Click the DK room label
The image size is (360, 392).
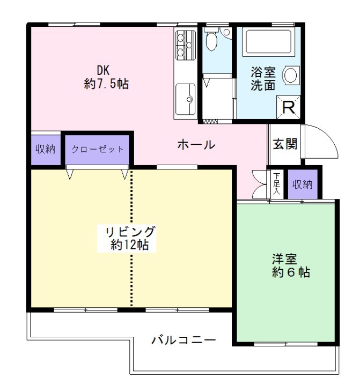pos(103,70)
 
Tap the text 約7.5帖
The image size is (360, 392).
pos(106,84)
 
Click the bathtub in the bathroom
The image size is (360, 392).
pos(269,41)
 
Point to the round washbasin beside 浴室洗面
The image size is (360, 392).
pos(291,75)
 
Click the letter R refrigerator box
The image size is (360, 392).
pos(288,107)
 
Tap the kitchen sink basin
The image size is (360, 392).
pos(186,99)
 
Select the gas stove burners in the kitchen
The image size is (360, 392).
pos(186,45)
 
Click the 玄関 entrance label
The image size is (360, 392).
pos(285,144)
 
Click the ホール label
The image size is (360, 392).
pos(196,145)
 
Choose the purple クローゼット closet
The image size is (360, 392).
pos(97,150)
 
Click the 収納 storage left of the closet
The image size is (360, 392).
pos(46,150)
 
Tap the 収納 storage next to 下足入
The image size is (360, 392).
pos(303,184)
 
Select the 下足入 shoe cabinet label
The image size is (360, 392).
pos(276,184)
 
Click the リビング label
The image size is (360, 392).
pos(130,232)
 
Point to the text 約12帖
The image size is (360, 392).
pos(130,245)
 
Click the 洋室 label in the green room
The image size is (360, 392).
pos(284,259)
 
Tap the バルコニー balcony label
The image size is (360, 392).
pos(184,340)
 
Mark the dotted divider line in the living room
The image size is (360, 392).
pos(131,238)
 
